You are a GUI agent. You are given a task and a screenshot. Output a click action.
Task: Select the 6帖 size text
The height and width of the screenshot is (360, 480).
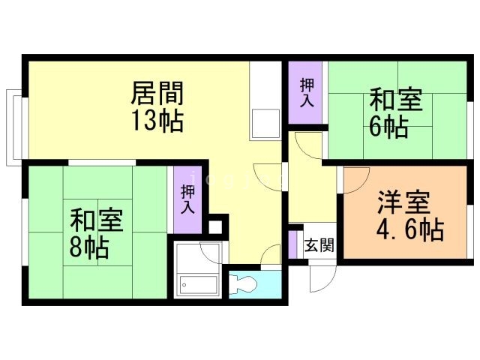coord(388,127)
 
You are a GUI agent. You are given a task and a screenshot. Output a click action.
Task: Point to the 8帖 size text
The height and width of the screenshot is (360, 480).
coord(88,246)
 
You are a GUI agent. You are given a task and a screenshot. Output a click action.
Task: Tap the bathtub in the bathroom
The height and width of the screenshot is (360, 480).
coord(198,285)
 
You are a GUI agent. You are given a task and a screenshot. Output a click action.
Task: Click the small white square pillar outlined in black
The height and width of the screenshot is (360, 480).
coord(217,225)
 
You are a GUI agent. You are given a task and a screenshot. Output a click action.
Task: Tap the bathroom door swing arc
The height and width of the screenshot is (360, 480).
coord(211,251)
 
